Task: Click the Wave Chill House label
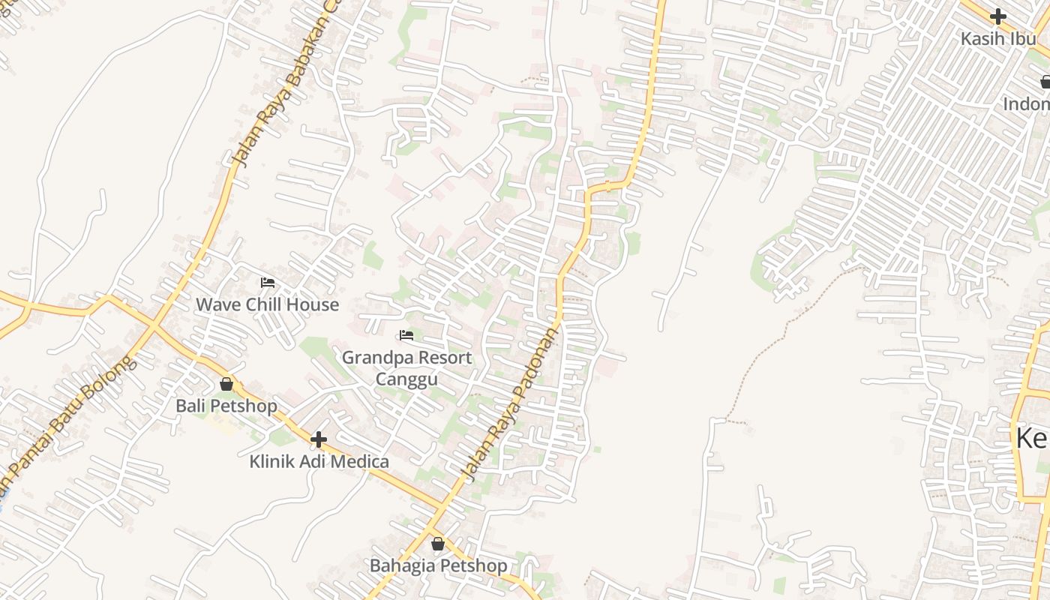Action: tap(267, 304)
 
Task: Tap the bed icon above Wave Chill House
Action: tap(267, 283)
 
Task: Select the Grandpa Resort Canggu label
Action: tap(406, 367)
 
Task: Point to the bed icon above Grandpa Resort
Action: tap(406, 334)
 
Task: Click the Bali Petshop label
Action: tap(226, 406)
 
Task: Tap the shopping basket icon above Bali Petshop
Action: tap(226, 385)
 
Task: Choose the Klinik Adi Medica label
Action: tap(319, 461)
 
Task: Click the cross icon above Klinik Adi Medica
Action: tap(319, 439)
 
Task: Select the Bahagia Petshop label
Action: tap(438, 565)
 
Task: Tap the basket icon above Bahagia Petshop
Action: tap(438, 544)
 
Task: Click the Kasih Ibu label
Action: tap(997, 38)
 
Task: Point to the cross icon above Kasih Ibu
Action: tap(997, 16)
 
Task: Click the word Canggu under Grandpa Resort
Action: tap(406, 379)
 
